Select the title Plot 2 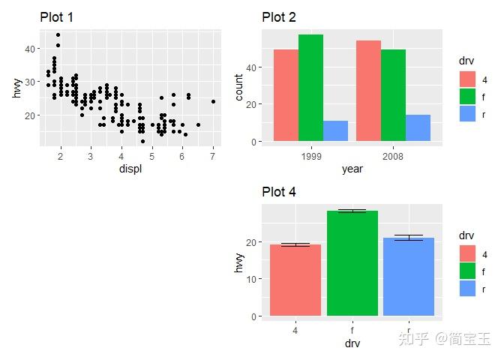click(279, 17)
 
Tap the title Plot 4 click(279, 192)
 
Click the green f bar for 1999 click(310, 88)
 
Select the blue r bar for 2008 click(418, 128)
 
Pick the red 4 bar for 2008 click(368, 91)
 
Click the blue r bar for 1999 click(335, 131)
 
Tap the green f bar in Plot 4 click(352, 263)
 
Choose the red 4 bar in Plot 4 click(295, 280)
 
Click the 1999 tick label click(310, 157)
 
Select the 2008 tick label click(393, 157)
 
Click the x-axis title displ click(130, 169)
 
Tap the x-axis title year click(352, 169)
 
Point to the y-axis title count click(239, 86)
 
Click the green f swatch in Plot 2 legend click(467, 96)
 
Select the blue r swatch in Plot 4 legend click(467, 288)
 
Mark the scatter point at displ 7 click(213, 101)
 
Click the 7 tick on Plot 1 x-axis click(213, 156)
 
